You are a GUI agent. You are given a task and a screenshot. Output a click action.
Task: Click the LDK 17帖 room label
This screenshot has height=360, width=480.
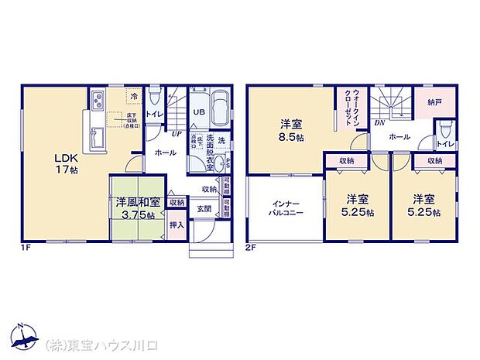pos(45,158)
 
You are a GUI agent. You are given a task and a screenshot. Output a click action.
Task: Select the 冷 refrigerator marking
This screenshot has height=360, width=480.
pos(133,97)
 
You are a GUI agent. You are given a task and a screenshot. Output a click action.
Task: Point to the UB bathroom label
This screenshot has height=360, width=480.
pos(198,111)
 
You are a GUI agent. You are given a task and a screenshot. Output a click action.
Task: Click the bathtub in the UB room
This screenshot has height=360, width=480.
pos(220,109)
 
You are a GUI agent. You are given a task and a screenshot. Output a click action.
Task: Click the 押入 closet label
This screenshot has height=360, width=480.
pos(176,225)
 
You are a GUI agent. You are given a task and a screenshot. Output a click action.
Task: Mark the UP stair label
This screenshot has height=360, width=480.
pos(177,134)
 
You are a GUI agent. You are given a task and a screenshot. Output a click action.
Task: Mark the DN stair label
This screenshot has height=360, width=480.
pos(379,122)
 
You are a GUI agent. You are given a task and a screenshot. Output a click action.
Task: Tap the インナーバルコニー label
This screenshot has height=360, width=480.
pos(285,205)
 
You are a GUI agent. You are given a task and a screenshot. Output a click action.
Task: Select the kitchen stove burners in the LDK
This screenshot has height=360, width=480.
pos(98,101)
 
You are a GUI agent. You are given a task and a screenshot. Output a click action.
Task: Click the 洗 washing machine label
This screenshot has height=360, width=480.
pos(221,140)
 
